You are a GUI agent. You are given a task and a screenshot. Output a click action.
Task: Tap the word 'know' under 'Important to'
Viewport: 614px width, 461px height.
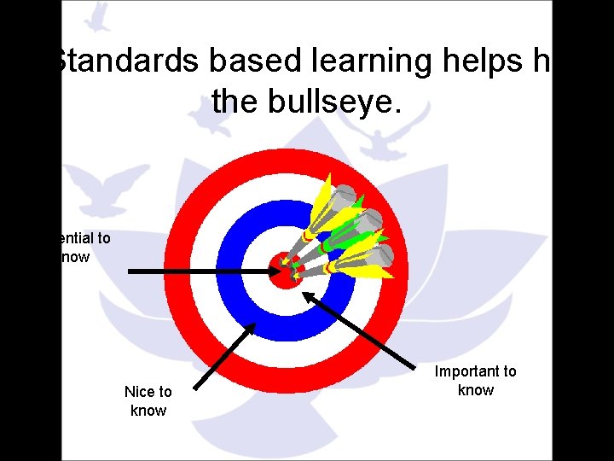476,390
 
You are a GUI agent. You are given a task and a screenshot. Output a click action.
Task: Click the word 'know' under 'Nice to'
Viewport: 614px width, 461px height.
148,411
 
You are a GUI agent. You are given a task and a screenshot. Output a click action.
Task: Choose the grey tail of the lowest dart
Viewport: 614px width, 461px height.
381,254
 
